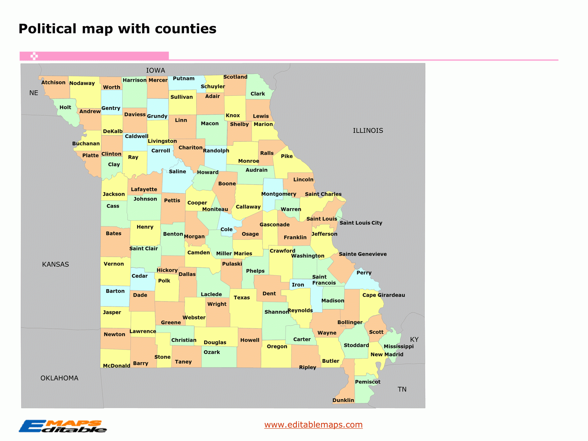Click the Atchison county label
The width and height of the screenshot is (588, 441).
point(53,82)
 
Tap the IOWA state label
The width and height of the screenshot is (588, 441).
point(156,70)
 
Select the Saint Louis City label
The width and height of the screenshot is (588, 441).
point(361,223)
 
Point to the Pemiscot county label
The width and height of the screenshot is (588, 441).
point(368,382)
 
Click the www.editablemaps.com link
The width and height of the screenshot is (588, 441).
point(313,425)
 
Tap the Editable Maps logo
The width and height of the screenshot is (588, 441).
point(63,426)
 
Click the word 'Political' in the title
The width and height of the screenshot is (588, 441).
point(47,29)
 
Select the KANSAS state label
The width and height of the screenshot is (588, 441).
point(56,264)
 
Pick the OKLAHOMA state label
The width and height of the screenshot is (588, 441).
point(59,378)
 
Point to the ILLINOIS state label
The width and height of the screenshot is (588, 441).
point(368,131)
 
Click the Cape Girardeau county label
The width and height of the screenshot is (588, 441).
point(383,295)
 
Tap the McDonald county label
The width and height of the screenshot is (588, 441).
point(116,366)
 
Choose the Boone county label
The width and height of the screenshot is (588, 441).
point(227,184)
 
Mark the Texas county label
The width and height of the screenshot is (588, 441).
point(242,298)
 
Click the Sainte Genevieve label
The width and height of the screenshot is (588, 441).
point(363,254)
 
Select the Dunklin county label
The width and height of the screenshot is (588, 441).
point(343,400)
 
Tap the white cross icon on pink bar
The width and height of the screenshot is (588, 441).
point(34,56)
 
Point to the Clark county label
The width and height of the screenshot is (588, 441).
point(258,94)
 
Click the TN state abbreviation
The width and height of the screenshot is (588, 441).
point(402,389)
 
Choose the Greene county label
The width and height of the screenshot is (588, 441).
point(171,323)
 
